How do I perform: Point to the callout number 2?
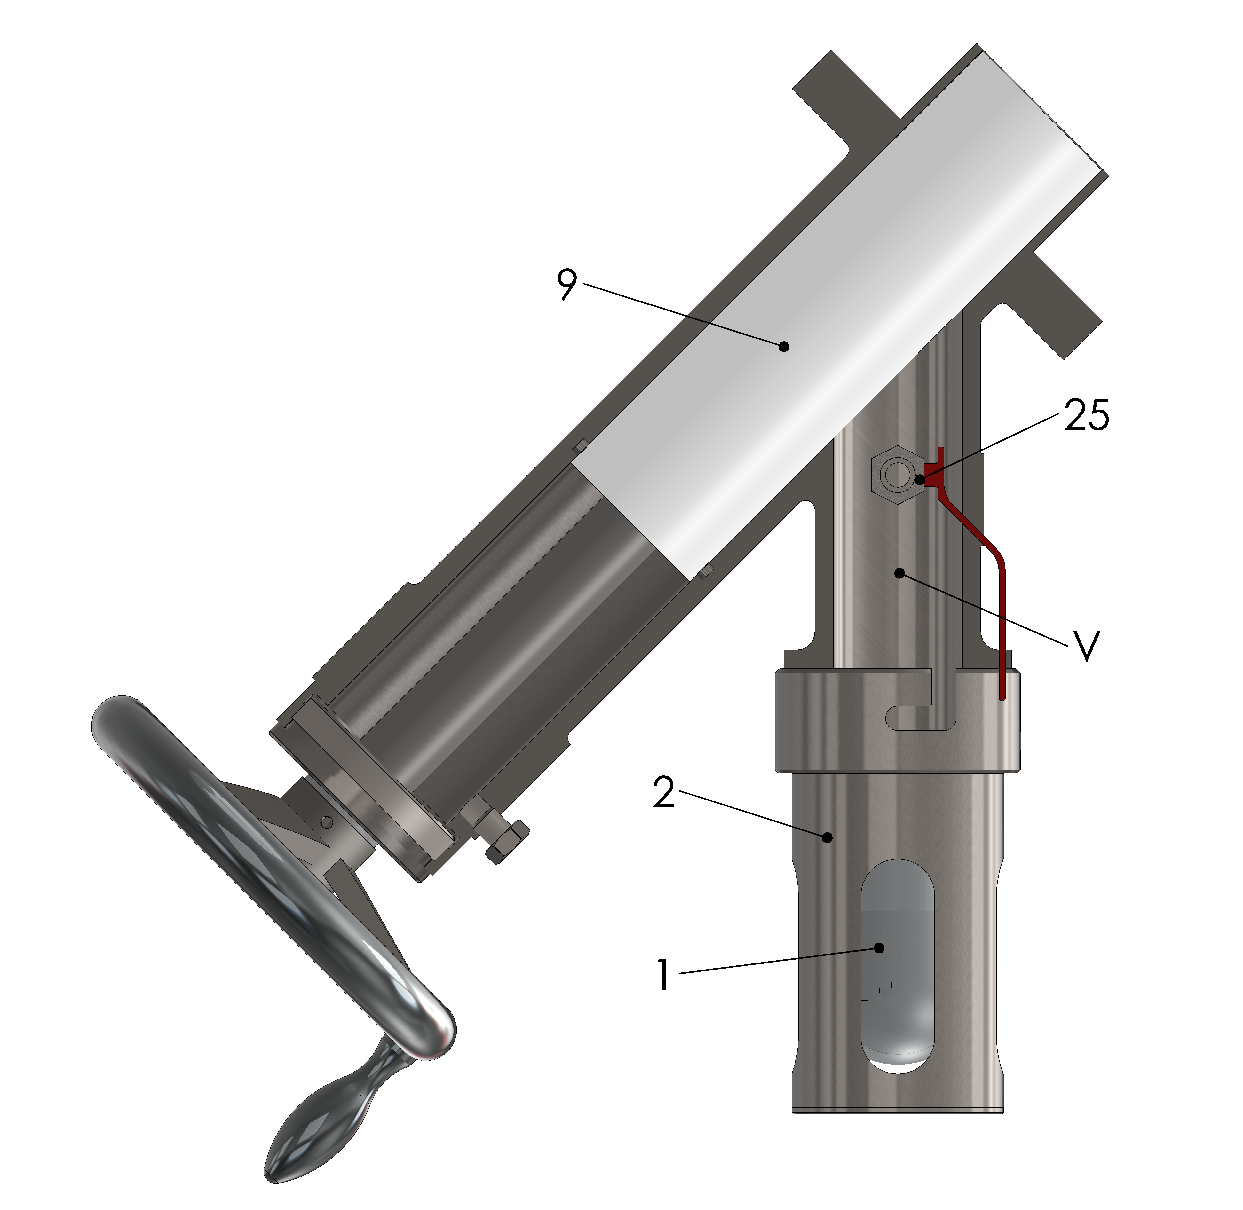point(664,792)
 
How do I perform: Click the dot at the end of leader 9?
point(784,346)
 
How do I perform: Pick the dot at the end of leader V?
point(899,573)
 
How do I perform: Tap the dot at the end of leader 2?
point(827,838)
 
